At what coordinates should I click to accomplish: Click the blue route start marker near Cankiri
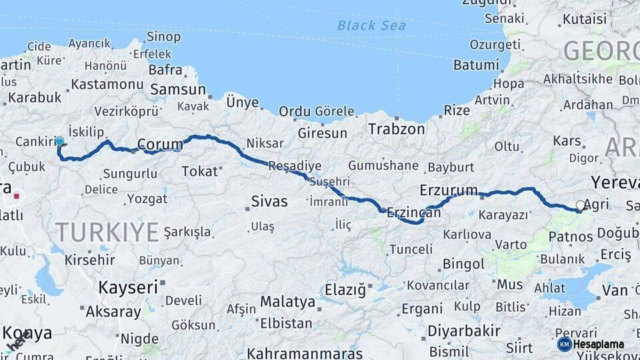(x=59, y=141)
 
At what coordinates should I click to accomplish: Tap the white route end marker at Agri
(x=581, y=205)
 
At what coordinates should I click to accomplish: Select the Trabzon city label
(x=397, y=129)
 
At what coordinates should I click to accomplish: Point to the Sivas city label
(x=269, y=201)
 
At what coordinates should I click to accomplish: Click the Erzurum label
(x=449, y=191)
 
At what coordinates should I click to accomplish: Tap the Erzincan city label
(x=413, y=213)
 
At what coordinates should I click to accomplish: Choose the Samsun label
(x=178, y=89)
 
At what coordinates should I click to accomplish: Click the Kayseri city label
(x=128, y=287)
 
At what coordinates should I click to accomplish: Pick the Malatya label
(x=287, y=302)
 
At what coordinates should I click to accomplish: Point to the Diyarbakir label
(x=464, y=331)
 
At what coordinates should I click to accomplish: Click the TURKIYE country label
(x=107, y=232)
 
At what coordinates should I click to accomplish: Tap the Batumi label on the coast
(x=475, y=65)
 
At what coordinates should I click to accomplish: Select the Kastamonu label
(x=107, y=85)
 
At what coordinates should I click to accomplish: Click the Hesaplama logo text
(x=600, y=344)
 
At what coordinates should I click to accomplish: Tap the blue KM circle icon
(x=564, y=344)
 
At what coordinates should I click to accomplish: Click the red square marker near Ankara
(x=17, y=197)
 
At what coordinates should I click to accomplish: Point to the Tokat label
(x=200, y=171)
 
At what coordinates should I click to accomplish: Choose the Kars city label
(x=567, y=141)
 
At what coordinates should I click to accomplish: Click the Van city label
(x=615, y=290)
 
